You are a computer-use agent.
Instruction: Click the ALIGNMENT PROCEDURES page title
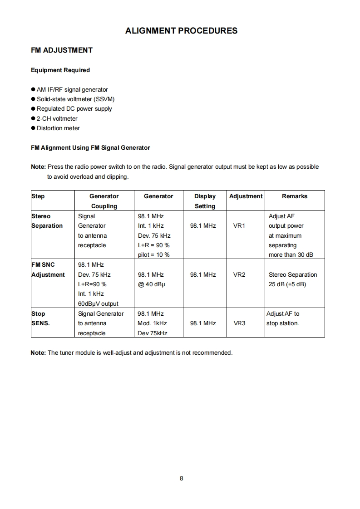pos(181,31)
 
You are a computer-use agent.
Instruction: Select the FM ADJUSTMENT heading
pos(62,50)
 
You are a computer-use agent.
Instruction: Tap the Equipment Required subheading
pos(60,70)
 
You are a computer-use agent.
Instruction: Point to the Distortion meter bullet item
pos(58,128)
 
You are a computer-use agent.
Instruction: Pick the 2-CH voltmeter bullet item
pos(57,119)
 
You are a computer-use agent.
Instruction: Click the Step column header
pos(38,196)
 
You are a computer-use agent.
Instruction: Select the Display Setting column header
pos(205,201)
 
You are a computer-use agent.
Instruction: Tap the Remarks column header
pos(295,196)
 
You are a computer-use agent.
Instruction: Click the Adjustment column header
pos(246,196)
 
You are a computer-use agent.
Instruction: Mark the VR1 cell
pos(239,226)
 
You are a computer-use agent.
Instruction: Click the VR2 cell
pos(239,275)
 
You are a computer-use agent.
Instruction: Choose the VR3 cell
pos(239,323)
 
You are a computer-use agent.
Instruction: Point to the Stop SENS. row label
pos(40,318)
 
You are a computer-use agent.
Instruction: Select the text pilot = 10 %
pos(153,255)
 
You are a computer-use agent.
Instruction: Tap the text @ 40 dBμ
pos(151,284)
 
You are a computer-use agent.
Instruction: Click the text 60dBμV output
pos(98,304)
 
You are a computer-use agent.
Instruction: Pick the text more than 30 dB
pos(291,255)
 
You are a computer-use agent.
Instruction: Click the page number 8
pos(181,478)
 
